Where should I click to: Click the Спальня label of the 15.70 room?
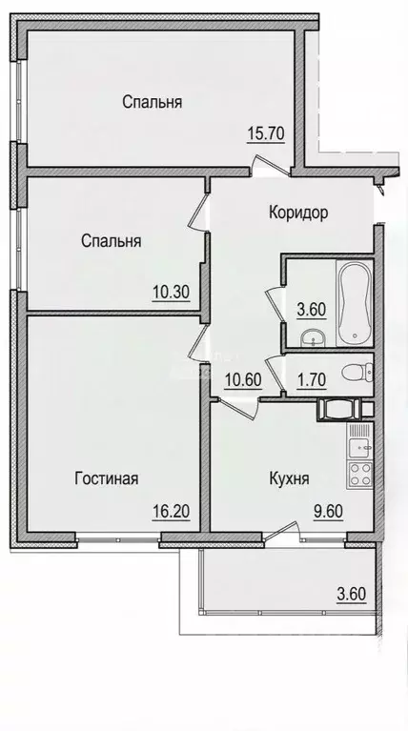click(x=152, y=102)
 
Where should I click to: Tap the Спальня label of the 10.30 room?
click(x=112, y=241)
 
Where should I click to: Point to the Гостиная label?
click(x=107, y=478)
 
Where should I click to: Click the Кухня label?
click(x=289, y=478)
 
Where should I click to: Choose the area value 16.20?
click(x=172, y=510)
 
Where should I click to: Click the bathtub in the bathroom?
click(x=354, y=302)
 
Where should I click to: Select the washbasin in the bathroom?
click(x=311, y=336)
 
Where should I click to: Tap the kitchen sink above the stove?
click(x=359, y=439)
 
